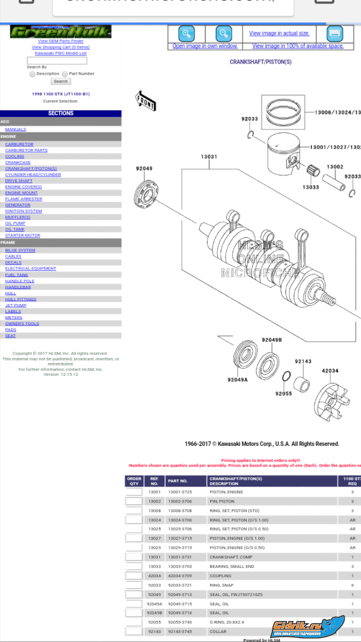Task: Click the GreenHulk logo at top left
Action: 60,32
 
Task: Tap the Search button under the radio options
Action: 61,81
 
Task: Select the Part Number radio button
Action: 65,74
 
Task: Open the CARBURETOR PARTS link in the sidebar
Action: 26,150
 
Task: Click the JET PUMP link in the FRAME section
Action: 16,305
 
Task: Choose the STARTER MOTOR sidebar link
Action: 23,235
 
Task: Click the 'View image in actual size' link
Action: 279,34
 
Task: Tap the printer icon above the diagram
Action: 334,34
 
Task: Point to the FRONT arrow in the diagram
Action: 146,101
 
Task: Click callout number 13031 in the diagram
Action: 209,157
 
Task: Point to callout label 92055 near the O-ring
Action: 283,394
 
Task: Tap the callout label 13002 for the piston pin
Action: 334,167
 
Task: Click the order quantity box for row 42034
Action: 134,576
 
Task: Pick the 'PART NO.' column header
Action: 177,481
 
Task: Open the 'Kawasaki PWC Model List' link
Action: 61,53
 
